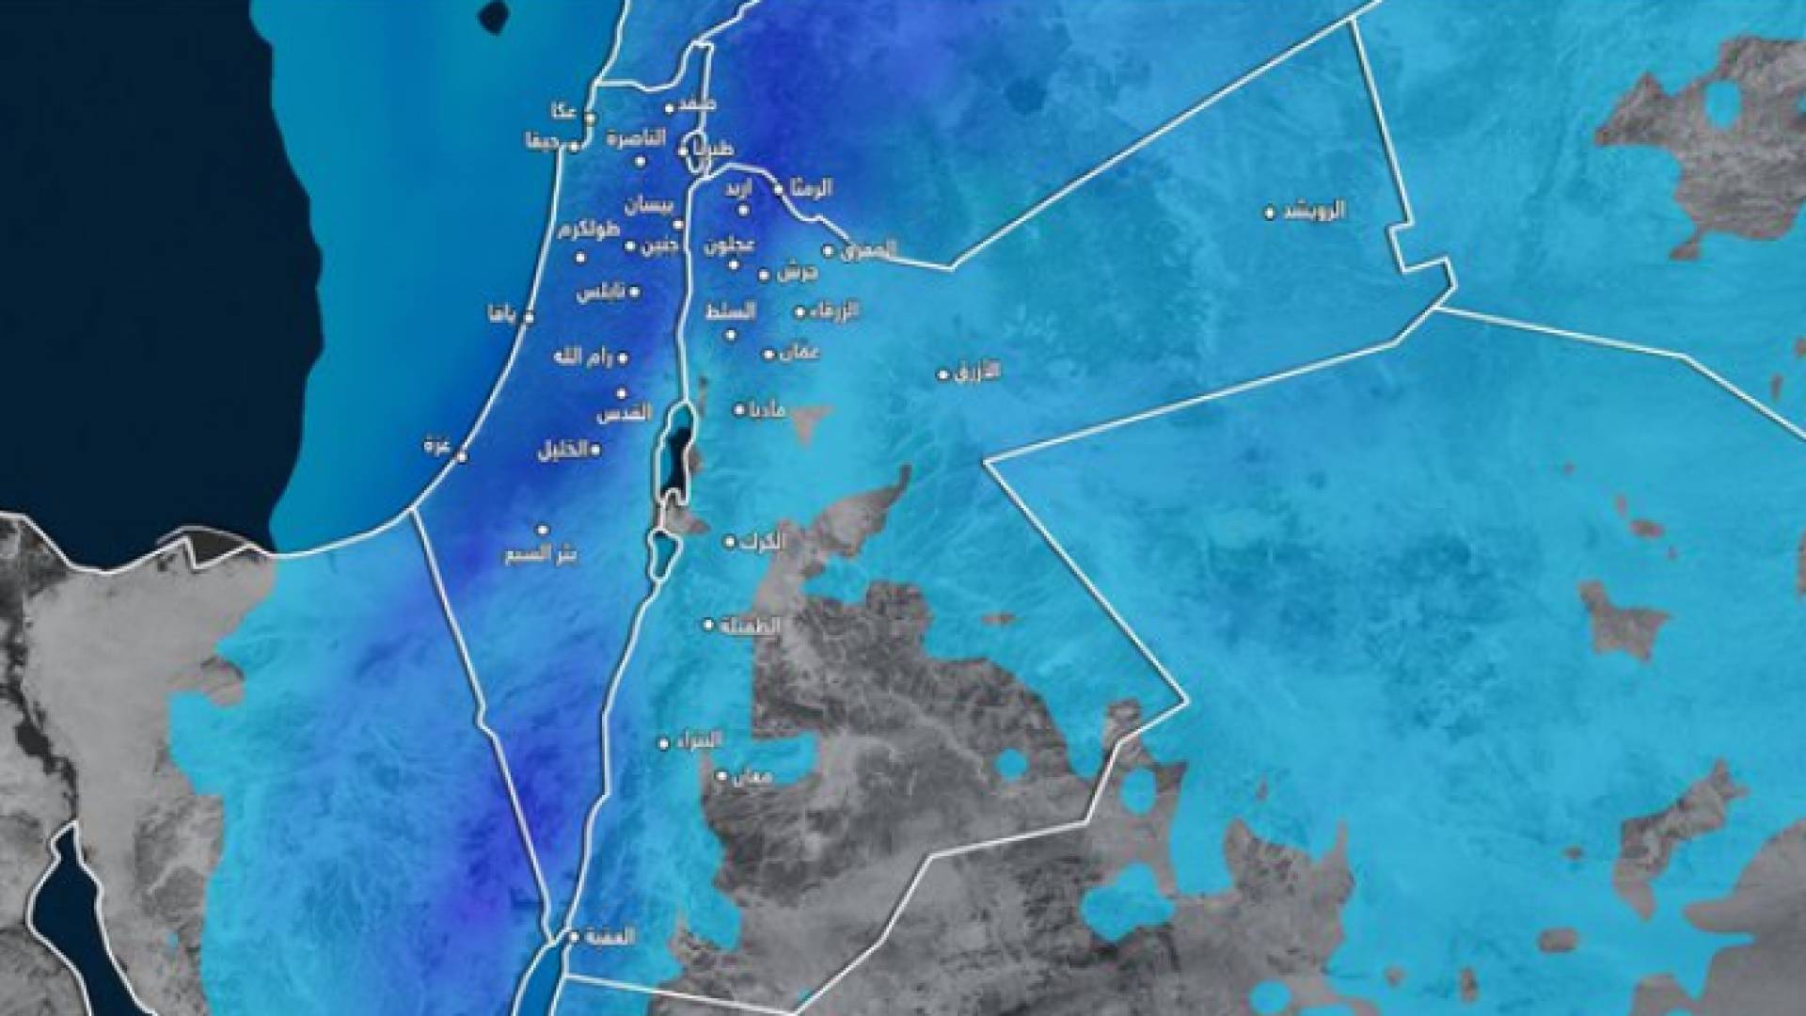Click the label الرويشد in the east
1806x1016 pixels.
[x=1314, y=211]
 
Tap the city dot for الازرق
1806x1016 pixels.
[x=943, y=374]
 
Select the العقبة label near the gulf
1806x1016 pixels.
[x=610, y=937]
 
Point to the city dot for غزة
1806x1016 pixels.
[x=462, y=456]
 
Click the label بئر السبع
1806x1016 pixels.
[x=542, y=553]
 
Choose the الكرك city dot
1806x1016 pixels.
[x=729, y=542]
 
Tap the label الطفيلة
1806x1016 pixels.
[x=749, y=625]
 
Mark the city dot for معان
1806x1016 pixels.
[x=722, y=776]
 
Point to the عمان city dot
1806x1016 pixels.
[x=768, y=355]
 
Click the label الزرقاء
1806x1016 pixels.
[x=834, y=310]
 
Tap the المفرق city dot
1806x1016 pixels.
[x=829, y=251]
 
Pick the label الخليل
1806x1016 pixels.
[x=563, y=451]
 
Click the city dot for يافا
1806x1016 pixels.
[x=529, y=318]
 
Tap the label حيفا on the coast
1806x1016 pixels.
[x=543, y=144]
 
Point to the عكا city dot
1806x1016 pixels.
[x=590, y=119]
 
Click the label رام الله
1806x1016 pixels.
[x=584, y=357]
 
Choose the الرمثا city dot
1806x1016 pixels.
[x=779, y=190]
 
